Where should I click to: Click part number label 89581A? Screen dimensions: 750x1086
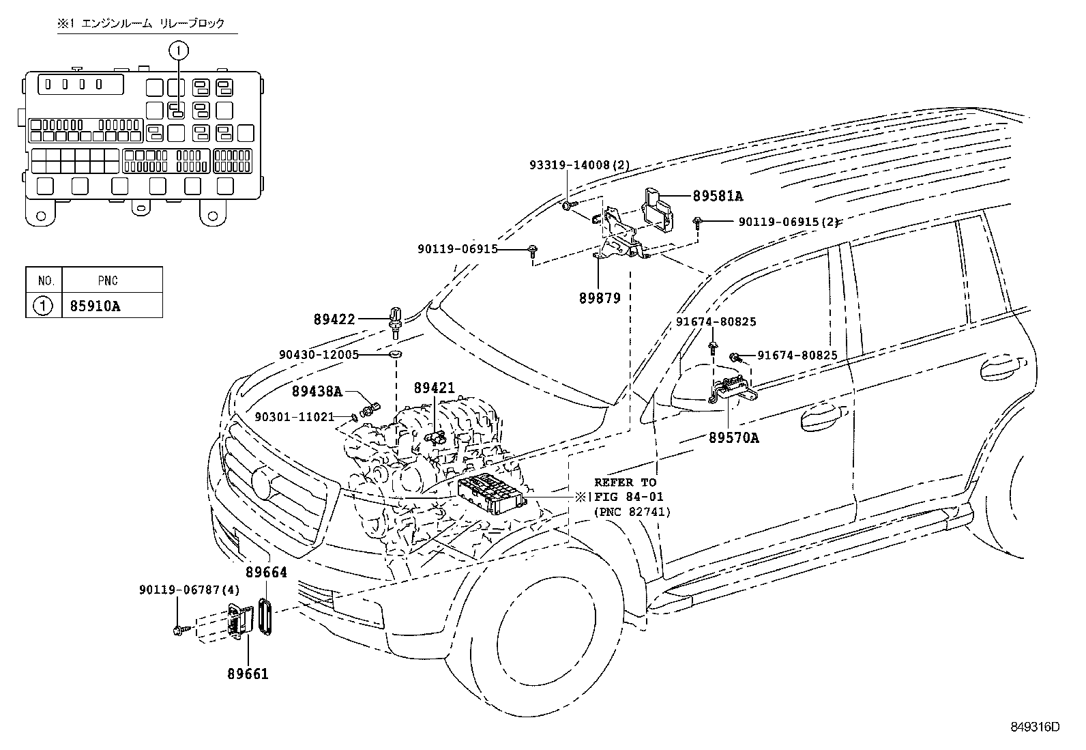[717, 196]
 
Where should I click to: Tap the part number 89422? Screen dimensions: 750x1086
[336, 318]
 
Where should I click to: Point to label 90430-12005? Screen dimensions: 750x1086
[319, 355]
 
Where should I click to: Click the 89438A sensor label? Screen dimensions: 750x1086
[317, 391]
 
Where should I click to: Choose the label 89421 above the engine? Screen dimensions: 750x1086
[434, 387]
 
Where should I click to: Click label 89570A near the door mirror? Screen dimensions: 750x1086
[733, 438]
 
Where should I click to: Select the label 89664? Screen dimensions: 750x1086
[266, 573]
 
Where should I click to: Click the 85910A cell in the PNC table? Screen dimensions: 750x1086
[95, 306]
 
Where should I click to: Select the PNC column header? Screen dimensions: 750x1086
[107, 280]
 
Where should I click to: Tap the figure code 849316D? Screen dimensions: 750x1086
[1034, 727]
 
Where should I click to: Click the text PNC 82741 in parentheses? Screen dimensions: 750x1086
[632, 511]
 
